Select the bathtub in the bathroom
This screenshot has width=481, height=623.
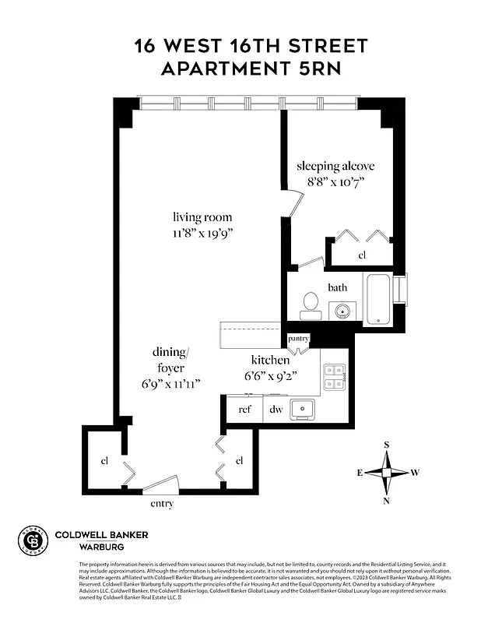coord(378,298)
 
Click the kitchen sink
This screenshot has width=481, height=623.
coord(302,408)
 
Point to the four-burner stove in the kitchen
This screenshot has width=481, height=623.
coord(335,378)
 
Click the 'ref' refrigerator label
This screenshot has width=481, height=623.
coord(244,409)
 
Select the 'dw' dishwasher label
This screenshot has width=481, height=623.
coord(276,409)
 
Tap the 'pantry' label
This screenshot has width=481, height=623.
coord(299,339)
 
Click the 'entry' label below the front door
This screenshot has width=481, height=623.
coord(161,504)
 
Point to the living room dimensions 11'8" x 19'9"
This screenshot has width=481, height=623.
coord(202,233)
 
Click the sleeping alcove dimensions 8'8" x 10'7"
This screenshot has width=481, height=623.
coord(335,181)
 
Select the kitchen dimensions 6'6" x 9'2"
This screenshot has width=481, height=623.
coord(270,375)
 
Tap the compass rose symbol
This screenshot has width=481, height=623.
coord(387,473)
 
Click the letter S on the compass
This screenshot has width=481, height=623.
coord(387,445)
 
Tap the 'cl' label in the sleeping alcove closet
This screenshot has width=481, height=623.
coord(362,255)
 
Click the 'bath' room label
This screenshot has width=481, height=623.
coord(337,287)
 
